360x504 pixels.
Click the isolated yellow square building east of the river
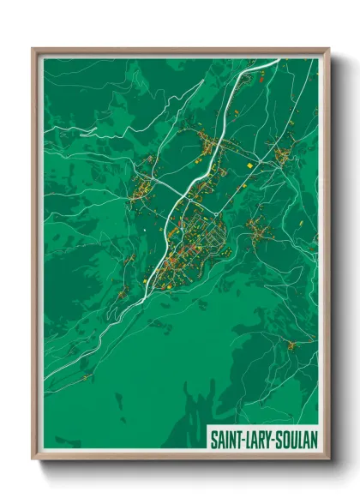tap(249, 165)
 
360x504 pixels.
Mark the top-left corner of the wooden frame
tap(33, 49)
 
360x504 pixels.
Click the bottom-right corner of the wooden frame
tap(328, 459)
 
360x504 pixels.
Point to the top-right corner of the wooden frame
tap(328, 49)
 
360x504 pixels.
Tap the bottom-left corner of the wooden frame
tap(33, 459)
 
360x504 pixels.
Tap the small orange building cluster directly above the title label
tap(292, 345)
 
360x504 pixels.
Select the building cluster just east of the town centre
tap(255, 226)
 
